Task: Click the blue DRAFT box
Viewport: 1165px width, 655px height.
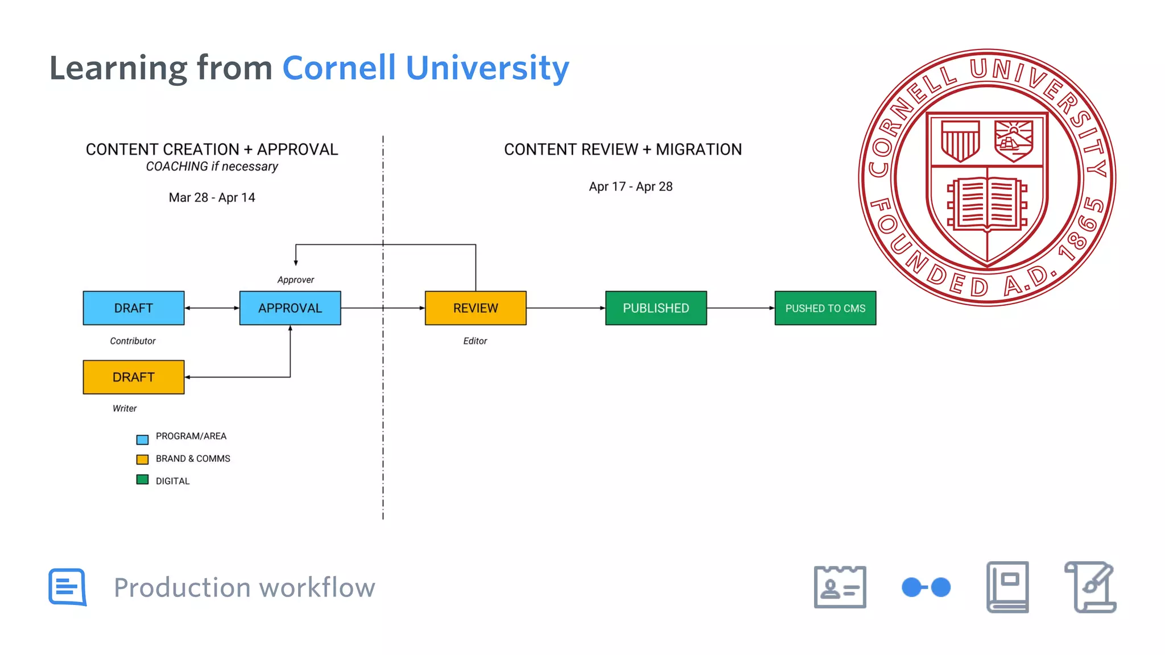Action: [134, 308]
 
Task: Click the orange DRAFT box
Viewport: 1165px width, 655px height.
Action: [134, 377]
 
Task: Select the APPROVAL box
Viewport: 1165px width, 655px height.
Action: [290, 308]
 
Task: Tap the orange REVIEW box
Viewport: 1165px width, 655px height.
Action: [476, 308]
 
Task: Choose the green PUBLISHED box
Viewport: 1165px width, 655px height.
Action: [656, 308]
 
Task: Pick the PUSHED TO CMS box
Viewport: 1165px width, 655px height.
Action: [825, 308]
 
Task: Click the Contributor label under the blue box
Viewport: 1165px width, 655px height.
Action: [133, 341]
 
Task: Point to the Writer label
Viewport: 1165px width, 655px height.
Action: [125, 408]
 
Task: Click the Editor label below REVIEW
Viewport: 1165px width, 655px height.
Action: [475, 341]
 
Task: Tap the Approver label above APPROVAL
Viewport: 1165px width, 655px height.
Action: [295, 280]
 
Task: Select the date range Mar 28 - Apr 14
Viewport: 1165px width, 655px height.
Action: [212, 198]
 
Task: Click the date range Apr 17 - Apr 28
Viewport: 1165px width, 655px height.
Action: [630, 187]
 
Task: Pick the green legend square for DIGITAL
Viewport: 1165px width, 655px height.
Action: [142, 480]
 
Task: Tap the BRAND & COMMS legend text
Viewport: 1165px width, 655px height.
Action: [193, 459]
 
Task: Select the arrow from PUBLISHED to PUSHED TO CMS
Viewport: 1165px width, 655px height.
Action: [740, 308]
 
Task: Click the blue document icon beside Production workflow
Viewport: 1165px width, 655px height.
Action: [68, 587]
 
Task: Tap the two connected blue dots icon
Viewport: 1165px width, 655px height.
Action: [926, 587]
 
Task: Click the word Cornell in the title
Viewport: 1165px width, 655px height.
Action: [339, 68]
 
